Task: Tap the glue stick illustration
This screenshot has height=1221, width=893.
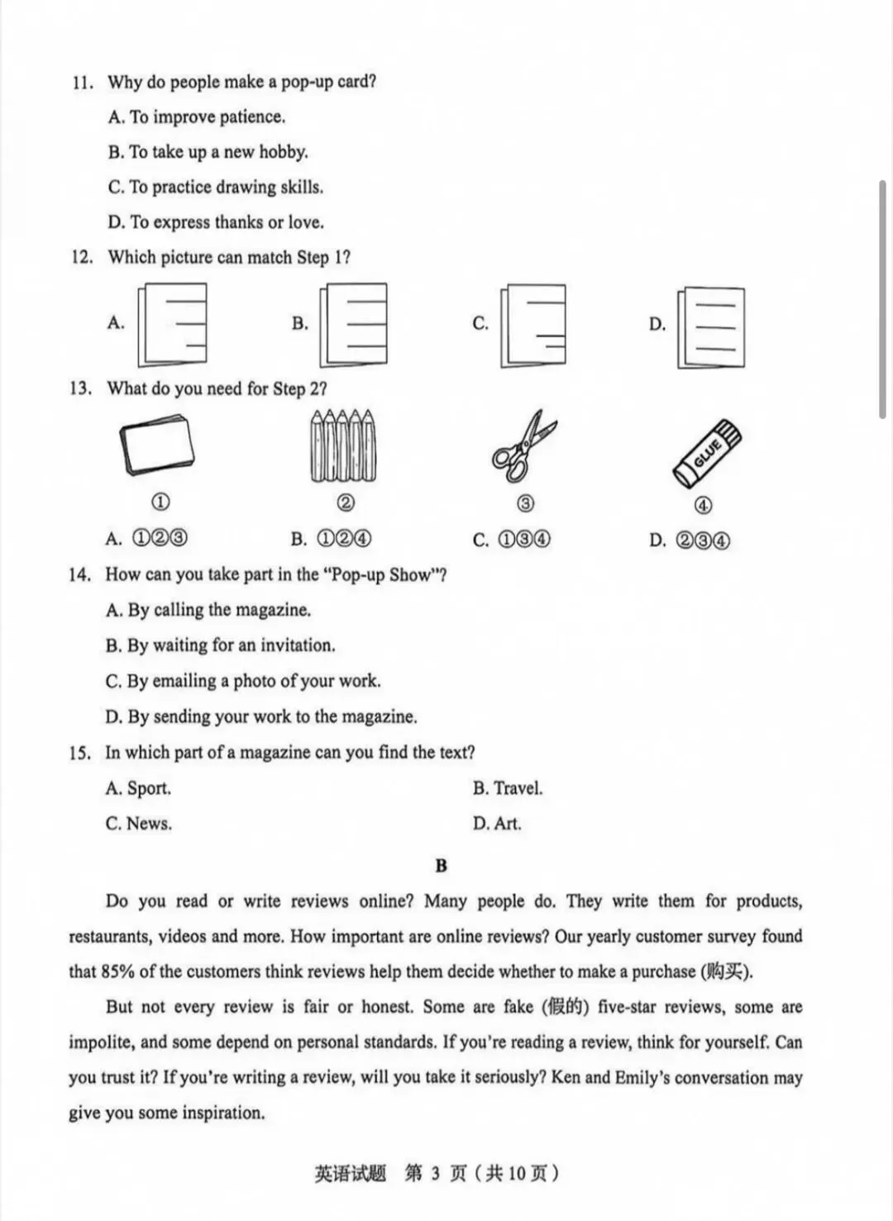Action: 707,454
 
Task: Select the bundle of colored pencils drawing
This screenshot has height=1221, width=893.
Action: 343,446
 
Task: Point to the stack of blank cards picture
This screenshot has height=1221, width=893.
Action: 157,445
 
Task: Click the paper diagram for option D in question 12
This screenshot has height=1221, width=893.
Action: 711,327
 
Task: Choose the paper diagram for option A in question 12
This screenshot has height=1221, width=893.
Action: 172,325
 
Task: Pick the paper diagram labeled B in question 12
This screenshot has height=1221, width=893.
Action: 353,325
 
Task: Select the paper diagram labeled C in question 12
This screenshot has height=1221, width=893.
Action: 533,326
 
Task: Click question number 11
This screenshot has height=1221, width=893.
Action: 83,83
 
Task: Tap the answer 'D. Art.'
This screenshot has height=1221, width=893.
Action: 497,823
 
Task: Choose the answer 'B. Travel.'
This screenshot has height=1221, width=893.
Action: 508,788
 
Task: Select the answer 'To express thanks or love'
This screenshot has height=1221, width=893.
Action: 226,222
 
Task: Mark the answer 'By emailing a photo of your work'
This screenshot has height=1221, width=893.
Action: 254,681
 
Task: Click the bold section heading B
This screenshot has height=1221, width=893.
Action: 442,866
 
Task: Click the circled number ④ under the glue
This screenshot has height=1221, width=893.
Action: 703,505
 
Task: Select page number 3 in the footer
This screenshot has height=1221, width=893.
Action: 435,1173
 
